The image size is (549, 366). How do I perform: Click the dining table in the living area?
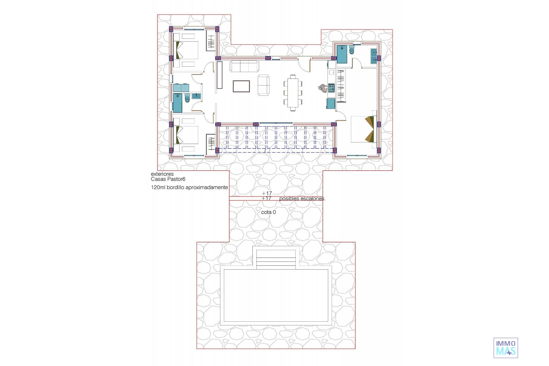[x=293, y=93]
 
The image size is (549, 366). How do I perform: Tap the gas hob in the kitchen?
[x=331, y=88]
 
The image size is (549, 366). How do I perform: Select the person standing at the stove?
[x=323, y=88]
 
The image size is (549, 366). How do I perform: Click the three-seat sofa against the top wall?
[x=244, y=66]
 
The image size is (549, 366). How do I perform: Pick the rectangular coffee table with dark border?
[x=241, y=86]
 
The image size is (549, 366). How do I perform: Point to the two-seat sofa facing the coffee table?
[x=263, y=85]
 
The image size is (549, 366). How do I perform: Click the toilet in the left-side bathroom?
[x=187, y=98]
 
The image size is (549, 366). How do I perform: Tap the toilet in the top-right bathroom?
[x=352, y=50]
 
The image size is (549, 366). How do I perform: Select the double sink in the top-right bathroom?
[x=374, y=56]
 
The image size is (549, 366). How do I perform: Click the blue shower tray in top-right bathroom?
[x=342, y=54]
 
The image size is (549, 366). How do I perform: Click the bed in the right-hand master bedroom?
[x=362, y=129]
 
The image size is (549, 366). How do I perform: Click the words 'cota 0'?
[x=268, y=212]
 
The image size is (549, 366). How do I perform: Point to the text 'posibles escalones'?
[x=302, y=198]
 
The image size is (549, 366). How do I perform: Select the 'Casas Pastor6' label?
[x=168, y=179]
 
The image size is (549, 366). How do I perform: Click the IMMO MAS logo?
[x=506, y=348]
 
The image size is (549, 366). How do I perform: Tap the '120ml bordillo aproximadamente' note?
[x=189, y=188]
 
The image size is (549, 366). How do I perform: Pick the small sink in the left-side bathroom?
[x=196, y=96]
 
